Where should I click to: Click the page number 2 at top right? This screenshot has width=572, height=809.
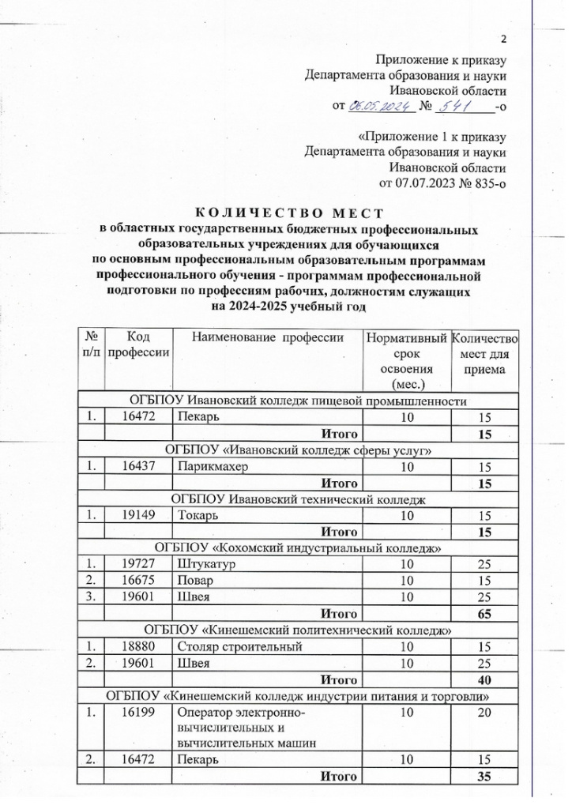point(503,41)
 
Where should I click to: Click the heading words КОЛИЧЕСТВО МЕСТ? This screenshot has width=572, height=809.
point(288,213)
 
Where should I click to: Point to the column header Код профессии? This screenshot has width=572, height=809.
point(139,344)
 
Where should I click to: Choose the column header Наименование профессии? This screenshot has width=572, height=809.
point(268,338)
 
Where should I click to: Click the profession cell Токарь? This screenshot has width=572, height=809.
point(200,516)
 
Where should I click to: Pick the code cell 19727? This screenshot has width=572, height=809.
point(139,564)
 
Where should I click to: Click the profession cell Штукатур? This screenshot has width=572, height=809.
point(207,564)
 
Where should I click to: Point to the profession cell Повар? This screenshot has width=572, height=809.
point(198,580)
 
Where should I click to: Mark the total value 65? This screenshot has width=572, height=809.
point(484,612)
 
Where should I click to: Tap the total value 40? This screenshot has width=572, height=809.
point(484,679)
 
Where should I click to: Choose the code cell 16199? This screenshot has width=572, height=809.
point(139,713)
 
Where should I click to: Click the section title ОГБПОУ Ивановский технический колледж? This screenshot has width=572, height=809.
point(299,500)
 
